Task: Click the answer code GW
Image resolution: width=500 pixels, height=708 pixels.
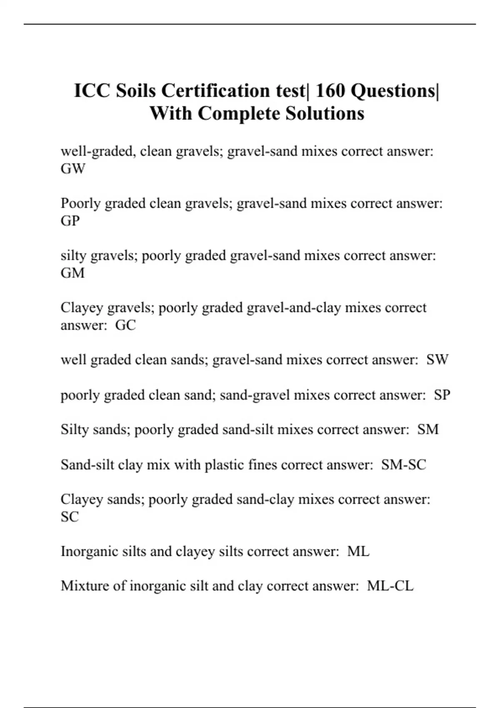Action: click(73, 169)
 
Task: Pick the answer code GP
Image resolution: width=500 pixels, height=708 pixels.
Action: click(70, 221)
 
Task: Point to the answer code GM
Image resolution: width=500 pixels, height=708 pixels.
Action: click(72, 273)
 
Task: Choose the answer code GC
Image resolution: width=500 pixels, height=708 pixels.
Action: click(125, 325)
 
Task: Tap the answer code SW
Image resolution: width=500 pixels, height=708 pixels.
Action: click(437, 359)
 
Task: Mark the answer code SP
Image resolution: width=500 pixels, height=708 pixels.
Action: click(442, 394)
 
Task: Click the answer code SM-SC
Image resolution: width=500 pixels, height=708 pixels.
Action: click(403, 464)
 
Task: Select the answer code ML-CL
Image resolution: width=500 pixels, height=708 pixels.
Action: click(390, 586)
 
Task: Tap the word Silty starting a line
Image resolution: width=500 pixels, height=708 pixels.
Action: click(75, 429)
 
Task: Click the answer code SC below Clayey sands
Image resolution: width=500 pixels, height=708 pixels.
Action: click(70, 516)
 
